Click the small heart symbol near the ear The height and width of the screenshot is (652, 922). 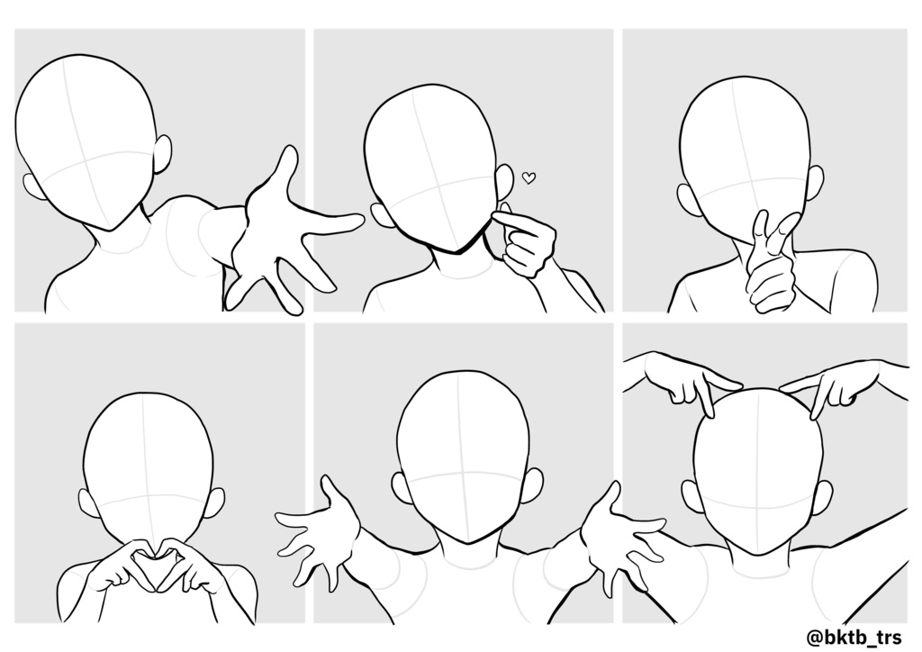pyautogui.click(x=529, y=177)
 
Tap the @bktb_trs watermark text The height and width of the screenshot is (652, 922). pyautogui.click(x=854, y=638)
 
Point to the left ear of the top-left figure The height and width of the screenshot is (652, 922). pyautogui.click(x=33, y=187)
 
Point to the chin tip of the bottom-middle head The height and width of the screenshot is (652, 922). pyautogui.click(x=467, y=543)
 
